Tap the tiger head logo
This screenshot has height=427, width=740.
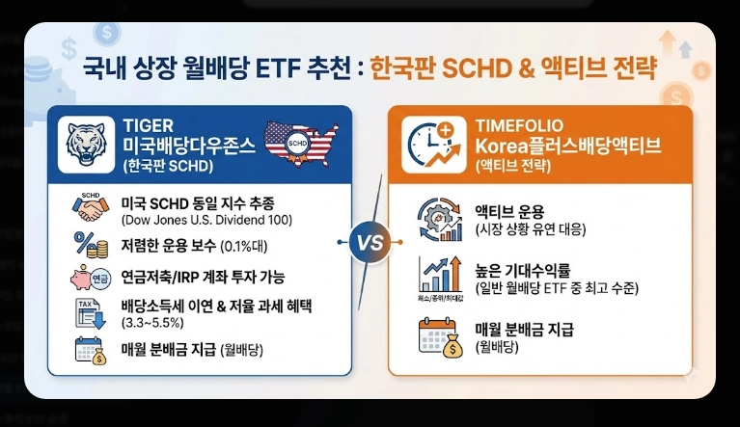click(87, 144)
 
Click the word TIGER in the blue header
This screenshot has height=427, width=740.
click(147, 124)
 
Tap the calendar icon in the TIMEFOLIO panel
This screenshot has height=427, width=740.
click(435, 336)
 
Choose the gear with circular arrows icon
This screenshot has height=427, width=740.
click(434, 219)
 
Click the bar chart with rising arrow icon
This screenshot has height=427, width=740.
click(434, 277)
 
